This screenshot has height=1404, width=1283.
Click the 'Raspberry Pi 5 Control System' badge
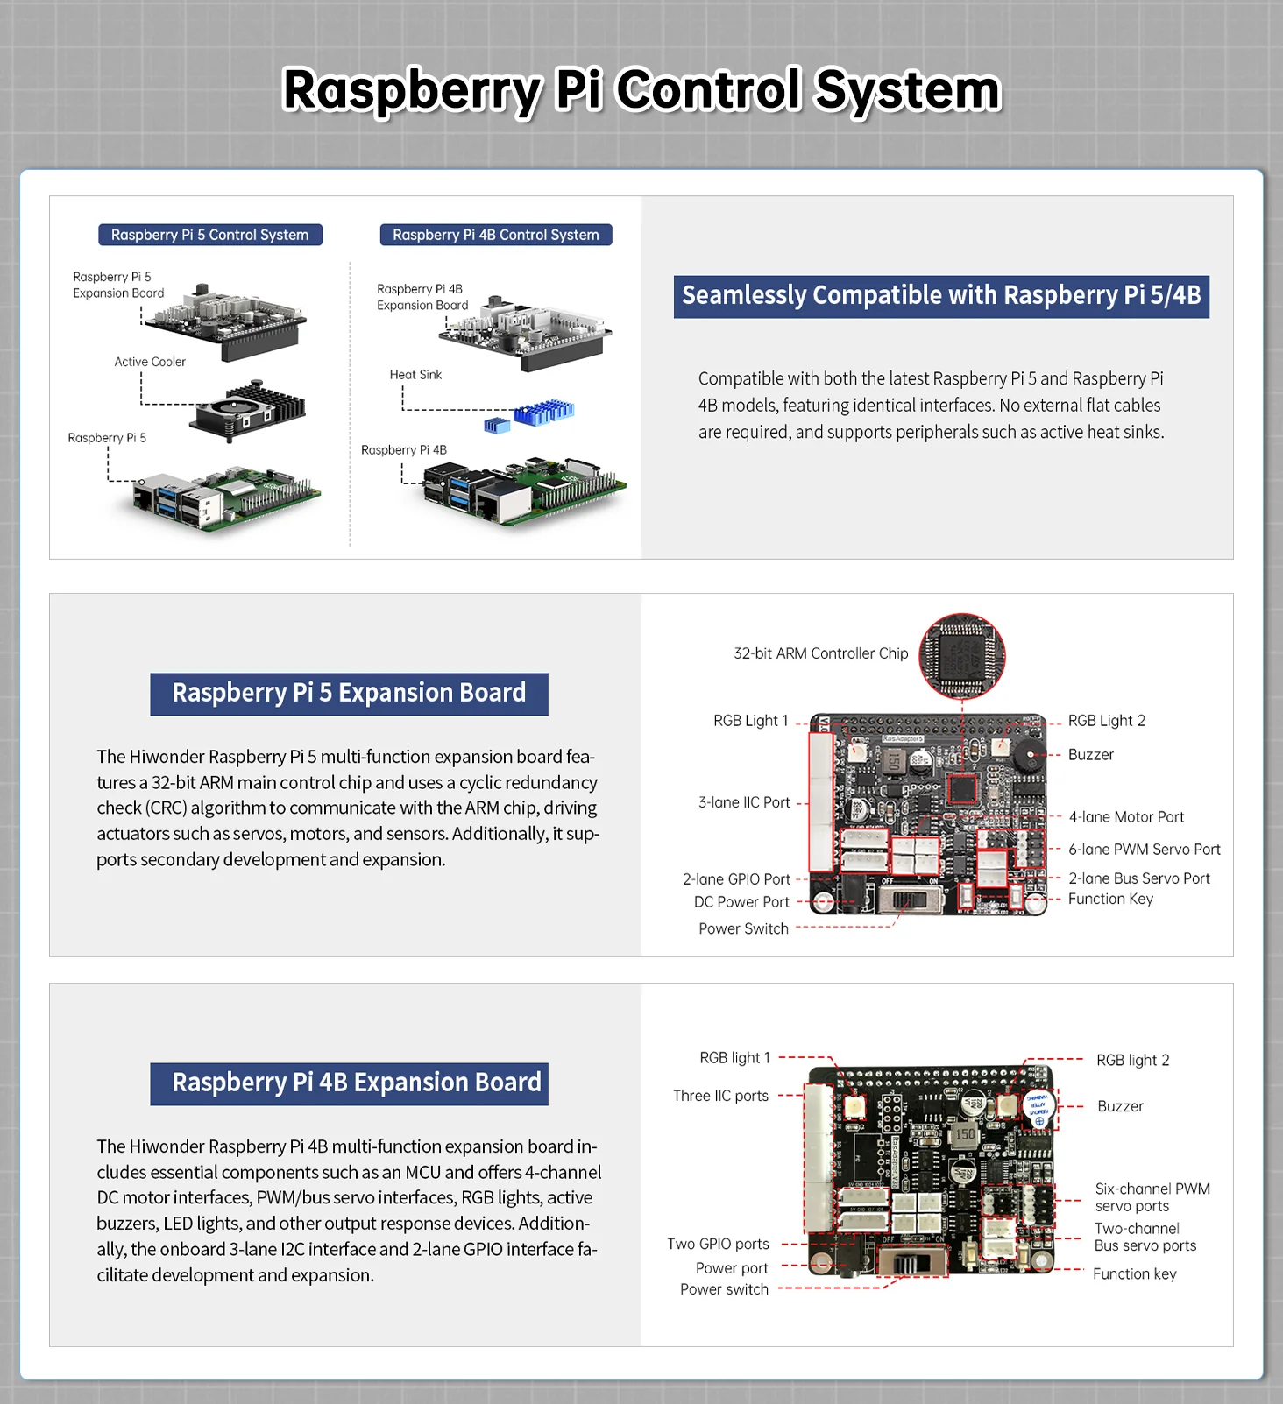[x=209, y=235]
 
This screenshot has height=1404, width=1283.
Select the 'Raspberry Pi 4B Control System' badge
[x=495, y=235]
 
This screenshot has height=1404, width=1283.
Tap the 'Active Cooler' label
[x=150, y=362]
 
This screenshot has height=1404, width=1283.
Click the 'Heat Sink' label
[x=415, y=375]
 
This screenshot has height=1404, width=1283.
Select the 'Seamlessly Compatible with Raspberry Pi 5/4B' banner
[x=941, y=296]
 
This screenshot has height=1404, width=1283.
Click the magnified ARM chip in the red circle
[x=961, y=656]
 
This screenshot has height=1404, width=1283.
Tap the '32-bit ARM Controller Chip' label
[x=820, y=653]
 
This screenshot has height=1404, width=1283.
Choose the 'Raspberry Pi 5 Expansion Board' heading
[x=349, y=694]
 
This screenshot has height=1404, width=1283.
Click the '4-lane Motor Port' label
[x=1126, y=817]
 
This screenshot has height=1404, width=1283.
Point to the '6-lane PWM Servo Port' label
[x=1144, y=850]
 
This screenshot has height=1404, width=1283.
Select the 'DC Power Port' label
[x=741, y=902]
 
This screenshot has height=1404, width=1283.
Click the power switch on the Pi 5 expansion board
[x=910, y=900]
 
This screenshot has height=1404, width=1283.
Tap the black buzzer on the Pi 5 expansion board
[x=1025, y=755]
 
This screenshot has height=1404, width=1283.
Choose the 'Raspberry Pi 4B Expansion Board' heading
[x=349, y=1083]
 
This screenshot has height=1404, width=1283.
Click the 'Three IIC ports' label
[x=720, y=1096]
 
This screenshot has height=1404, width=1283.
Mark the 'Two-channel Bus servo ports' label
[x=1145, y=1237]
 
